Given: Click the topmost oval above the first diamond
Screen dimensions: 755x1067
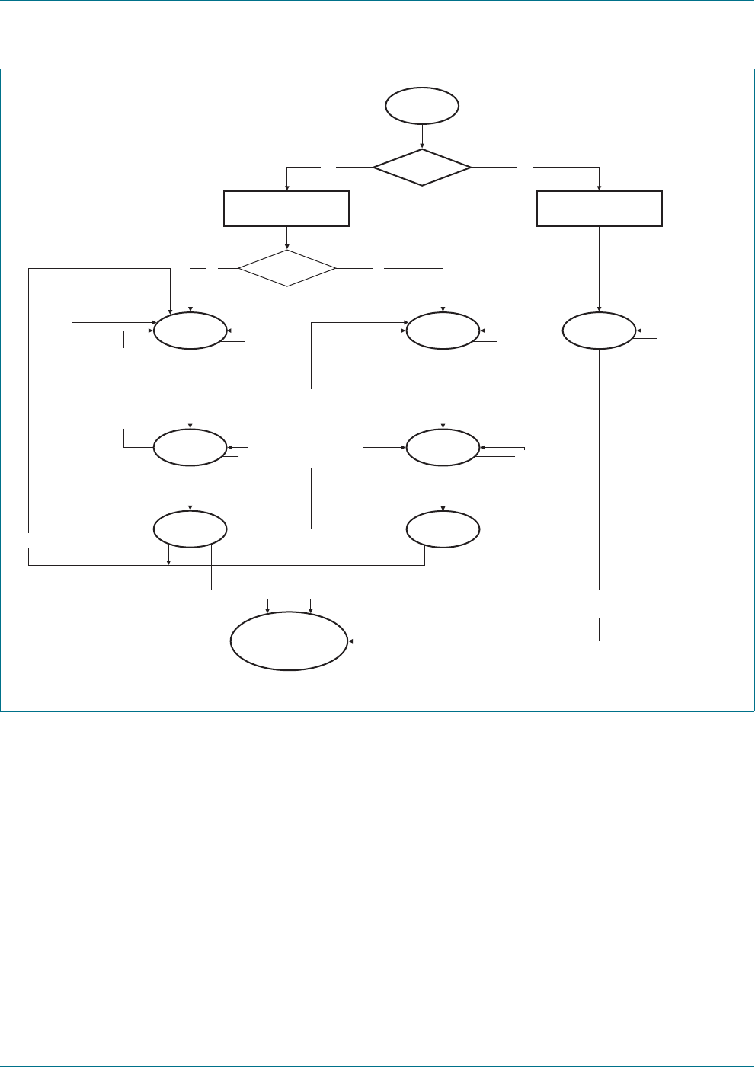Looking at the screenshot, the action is (x=422, y=106).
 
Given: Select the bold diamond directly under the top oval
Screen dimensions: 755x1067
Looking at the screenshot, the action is (x=422, y=167).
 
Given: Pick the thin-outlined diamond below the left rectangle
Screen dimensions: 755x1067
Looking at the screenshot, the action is (x=286, y=268).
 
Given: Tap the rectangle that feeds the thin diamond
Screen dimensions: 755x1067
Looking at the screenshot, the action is (x=286, y=209).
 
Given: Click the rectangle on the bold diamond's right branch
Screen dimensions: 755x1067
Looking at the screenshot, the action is (x=600, y=209).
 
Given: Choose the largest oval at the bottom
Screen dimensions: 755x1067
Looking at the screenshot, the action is (x=289, y=641).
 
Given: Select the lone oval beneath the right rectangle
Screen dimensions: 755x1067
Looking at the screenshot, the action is (x=600, y=331).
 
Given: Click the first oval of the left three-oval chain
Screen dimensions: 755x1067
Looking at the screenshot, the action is (x=190, y=331).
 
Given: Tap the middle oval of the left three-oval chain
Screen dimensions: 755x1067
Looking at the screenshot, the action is (x=190, y=448).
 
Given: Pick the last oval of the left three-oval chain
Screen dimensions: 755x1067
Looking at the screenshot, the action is (x=190, y=529).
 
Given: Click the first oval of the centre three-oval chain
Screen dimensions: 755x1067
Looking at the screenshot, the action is (x=443, y=331).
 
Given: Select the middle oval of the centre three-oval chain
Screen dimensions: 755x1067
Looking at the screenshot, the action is (x=443, y=448).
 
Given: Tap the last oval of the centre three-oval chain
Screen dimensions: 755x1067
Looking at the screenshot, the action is (x=443, y=529).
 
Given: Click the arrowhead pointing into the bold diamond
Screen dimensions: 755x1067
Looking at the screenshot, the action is (x=422, y=145).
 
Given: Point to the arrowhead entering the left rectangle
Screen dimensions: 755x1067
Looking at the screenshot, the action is (x=286, y=188).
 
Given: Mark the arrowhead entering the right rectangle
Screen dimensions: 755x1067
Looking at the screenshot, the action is (x=600, y=188).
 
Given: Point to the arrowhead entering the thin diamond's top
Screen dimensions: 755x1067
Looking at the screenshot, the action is (x=286, y=247).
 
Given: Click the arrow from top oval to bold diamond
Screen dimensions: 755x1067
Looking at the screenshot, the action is (x=422, y=135).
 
